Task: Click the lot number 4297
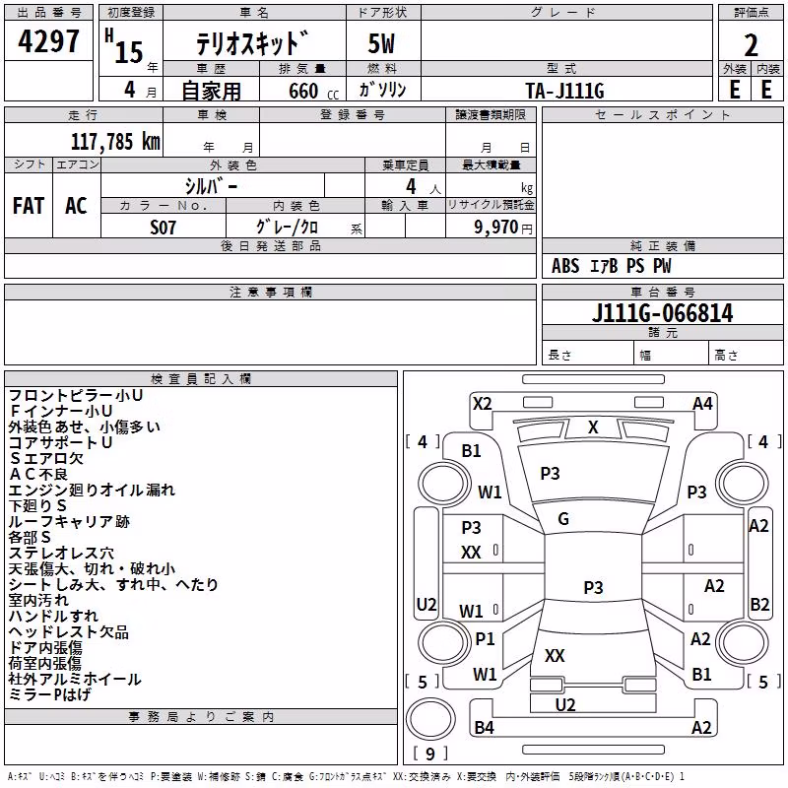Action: tap(48, 41)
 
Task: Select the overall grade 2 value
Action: tap(751, 45)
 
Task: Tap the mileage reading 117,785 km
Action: tap(115, 142)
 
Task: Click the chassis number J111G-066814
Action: tap(662, 313)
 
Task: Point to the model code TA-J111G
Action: tap(564, 91)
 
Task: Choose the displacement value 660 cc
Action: tap(313, 92)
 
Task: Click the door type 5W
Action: tap(381, 43)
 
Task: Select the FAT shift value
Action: tap(29, 206)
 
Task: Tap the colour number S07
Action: tap(163, 228)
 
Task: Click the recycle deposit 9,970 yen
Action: tap(503, 228)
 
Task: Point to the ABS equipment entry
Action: tap(565, 266)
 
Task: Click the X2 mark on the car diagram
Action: tap(482, 404)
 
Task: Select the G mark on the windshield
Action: tap(563, 519)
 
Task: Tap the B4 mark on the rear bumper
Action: tap(484, 727)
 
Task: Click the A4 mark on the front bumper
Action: tap(702, 404)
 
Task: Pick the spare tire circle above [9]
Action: tap(430, 719)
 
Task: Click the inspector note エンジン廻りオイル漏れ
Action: tap(92, 490)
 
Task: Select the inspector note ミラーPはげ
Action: tap(49, 695)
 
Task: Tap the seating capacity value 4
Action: tap(411, 186)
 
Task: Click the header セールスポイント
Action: tap(662, 115)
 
